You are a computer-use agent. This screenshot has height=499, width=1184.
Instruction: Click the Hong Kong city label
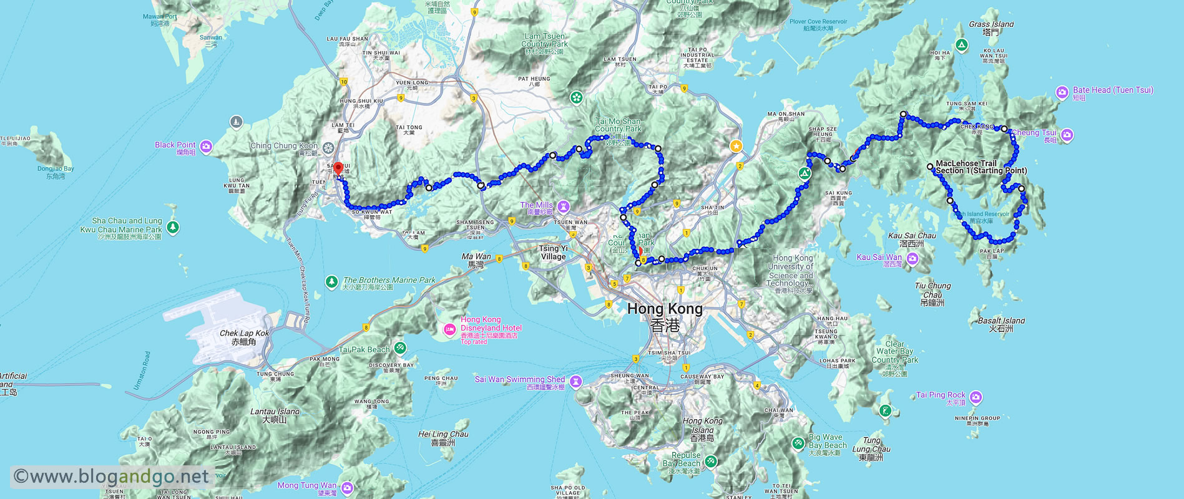point(665,309)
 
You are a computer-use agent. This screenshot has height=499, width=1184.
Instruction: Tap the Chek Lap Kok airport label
point(244,337)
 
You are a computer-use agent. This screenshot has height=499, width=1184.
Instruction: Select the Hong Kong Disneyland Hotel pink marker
point(449,329)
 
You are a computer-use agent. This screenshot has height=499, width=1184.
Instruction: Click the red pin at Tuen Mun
point(338,168)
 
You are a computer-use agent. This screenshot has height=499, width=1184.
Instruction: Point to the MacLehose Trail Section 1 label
point(980,167)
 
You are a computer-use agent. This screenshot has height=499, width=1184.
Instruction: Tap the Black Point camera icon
point(206,147)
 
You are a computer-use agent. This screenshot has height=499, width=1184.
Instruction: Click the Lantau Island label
point(275,415)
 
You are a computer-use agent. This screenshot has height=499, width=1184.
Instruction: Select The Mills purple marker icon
point(564,206)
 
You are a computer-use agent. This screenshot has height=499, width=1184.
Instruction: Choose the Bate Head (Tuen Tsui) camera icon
point(1062,93)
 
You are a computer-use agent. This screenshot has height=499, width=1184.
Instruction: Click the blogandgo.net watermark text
point(112,477)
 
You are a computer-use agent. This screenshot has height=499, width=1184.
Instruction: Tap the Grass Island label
point(991,27)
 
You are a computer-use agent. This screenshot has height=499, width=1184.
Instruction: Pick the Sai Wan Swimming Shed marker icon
point(576,380)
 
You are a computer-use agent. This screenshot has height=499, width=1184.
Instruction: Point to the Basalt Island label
point(1001,324)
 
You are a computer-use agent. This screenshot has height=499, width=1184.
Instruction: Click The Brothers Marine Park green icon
point(331,283)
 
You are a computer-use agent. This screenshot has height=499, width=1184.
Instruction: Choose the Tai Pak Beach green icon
point(400,348)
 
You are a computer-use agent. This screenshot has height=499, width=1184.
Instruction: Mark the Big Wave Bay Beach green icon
point(798,443)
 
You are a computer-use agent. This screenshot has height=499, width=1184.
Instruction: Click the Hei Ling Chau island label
point(443,438)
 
